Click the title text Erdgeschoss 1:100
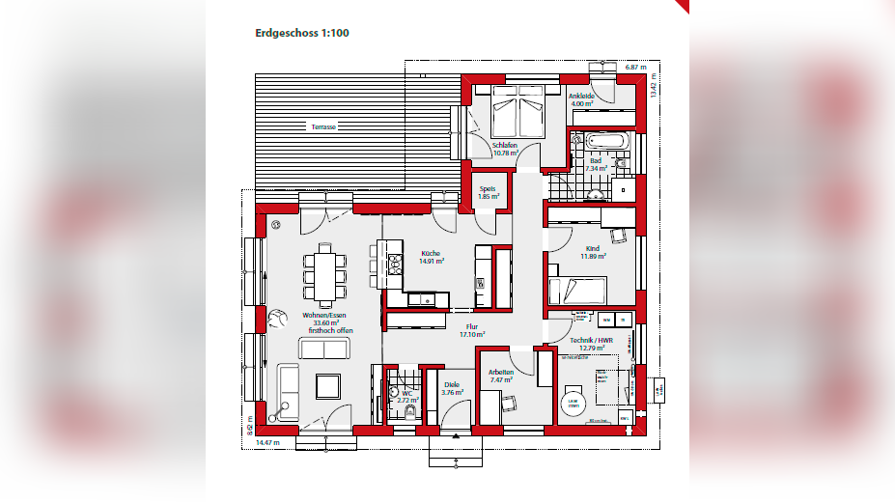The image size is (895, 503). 301,33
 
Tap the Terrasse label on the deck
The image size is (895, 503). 322,127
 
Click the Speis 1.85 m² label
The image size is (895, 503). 489,193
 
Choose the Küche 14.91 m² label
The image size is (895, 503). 431,257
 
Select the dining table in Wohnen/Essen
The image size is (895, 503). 322,274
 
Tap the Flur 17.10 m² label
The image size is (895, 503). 472,330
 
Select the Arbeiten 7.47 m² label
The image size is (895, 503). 501,376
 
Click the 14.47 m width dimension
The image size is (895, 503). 267,442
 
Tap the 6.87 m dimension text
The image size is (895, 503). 634,68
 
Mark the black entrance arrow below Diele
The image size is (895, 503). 454,435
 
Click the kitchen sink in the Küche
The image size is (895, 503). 422,299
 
